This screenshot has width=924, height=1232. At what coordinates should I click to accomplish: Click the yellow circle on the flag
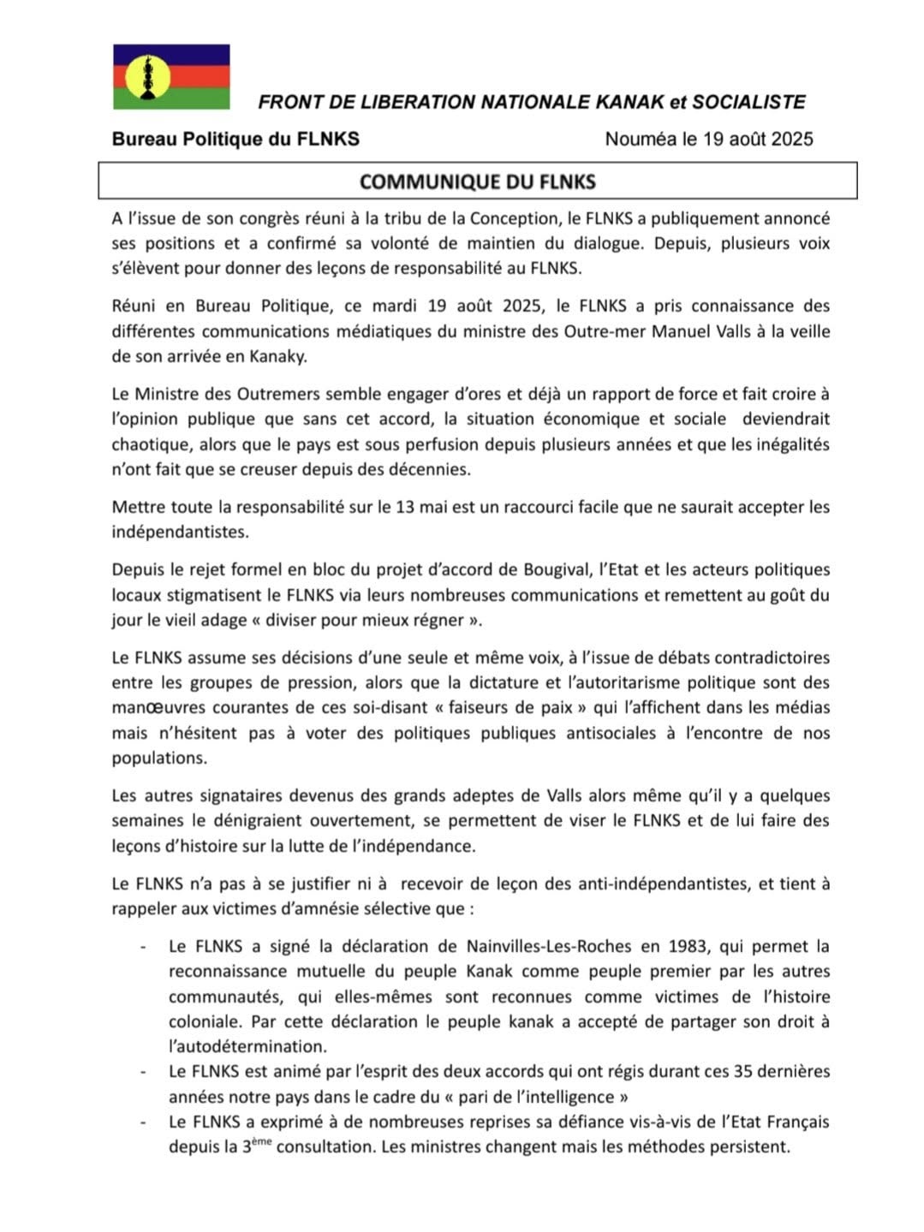[x=147, y=77]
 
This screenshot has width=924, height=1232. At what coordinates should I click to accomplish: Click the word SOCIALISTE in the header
[x=748, y=103]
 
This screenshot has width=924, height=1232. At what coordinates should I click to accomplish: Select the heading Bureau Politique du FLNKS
[x=235, y=140]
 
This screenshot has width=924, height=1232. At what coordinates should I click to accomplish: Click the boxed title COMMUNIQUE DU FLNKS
[x=478, y=182]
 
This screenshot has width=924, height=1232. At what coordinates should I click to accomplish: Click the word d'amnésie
[x=313, y=908]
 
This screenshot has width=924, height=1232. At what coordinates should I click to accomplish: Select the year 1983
[x=687, y=946]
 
